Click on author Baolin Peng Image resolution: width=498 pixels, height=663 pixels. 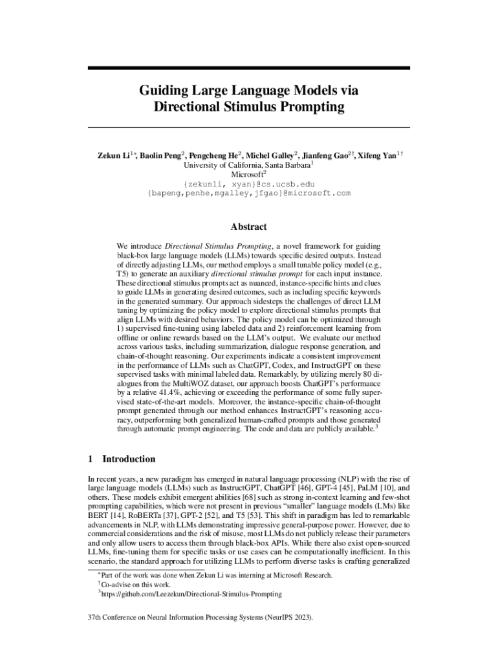[161, 155]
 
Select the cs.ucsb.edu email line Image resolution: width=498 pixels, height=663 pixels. [249, 184]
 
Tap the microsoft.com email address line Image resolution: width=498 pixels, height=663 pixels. [249, 193]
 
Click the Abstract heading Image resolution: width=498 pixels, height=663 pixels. [249, 227]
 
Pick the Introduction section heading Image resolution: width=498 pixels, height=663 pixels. [129, 459]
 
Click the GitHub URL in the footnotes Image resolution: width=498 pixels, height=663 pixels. [191, 593]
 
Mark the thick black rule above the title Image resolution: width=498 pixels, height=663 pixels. [249, 68]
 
